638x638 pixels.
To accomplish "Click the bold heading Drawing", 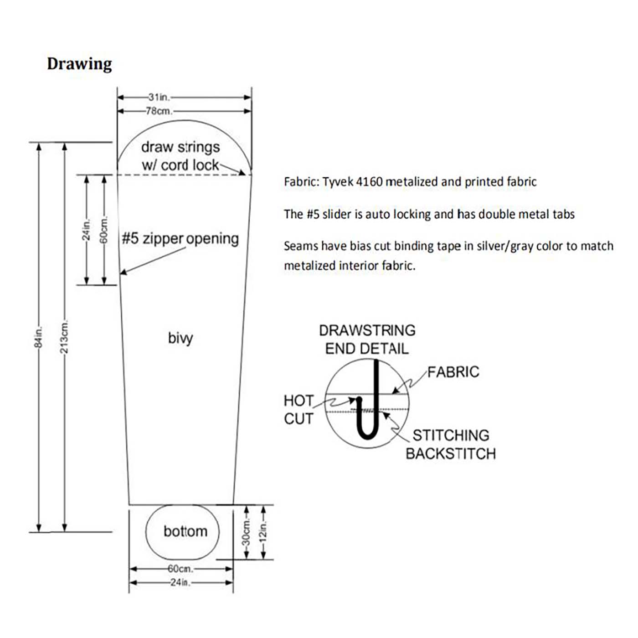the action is pyautogui.click(x=79, y=64).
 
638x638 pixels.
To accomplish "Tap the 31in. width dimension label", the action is pyautogui.click(x=159, y=98).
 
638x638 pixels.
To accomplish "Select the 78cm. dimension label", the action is pyautogui.click(x=159, y=111).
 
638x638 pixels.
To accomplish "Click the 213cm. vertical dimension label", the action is pyautogui.click(x=65, y=336).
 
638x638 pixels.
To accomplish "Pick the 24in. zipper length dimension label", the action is pyautogui.click(x=87, y=229).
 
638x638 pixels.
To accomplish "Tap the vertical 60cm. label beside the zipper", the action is pyautogui.click(x=104, y=229).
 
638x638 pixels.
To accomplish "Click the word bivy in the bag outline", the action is pyautogui.click(x=180, y=339).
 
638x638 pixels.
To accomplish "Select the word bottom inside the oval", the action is pyautogui.click(x=185, y=531).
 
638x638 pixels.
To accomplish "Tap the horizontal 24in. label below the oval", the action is pyautogui.click(x=181, y=582).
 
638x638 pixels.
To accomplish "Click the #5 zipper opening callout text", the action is pyautogui.click(x=180, y=238).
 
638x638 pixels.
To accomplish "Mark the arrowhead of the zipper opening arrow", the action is pyautogui.click(x=123, y=272).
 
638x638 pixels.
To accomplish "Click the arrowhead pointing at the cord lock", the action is pyautogui.click(x=242, y=173).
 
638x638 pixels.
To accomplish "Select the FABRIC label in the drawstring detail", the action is pyautogui.click(x=453, y=372).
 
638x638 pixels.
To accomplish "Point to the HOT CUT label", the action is pyautogui.click(x=298, y=410).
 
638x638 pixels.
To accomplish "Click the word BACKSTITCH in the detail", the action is pyautogui.click(x=451, y=453).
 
